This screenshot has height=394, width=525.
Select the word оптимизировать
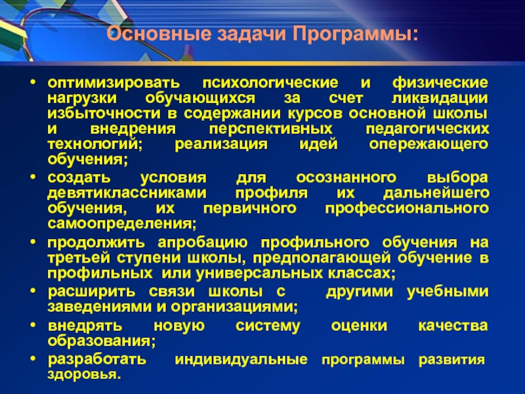click(114, 83)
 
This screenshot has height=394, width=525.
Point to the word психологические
click(270, 83)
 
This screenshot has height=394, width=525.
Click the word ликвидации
click(440, 98)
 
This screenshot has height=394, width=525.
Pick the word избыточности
click(104, 114)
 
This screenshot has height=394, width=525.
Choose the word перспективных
click(270, 129)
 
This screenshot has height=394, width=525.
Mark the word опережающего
click(429, 144)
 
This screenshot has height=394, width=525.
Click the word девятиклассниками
click(127, 193)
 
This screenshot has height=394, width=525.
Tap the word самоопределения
click(122, 223)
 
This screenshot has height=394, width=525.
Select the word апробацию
click(203, 242)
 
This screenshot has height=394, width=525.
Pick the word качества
click(453, 326)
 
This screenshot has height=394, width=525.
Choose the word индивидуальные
click(241, 359)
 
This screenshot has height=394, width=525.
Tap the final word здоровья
click(84, 374)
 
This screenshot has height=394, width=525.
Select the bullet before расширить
click(32, 291)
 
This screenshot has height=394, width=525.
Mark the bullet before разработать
click(32, 359)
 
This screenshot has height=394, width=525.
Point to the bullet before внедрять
click(32, 324)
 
